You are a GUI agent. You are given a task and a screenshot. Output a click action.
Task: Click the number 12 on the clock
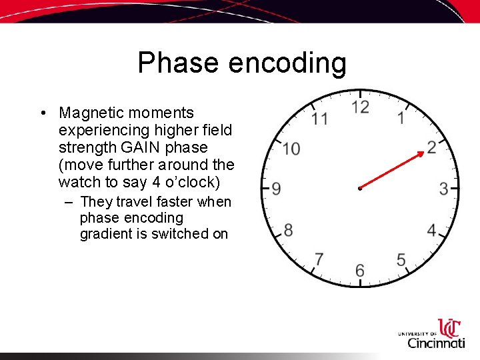click(x=360, y=107)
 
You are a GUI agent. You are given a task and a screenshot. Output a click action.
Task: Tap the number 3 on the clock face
click(x=443, y=189)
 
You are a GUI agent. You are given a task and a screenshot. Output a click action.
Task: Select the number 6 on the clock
click(x=360, y=270)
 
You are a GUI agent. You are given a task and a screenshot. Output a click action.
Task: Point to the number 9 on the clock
click(x=276, y=189)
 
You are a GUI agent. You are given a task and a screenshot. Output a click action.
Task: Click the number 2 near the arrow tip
click(x=432, y=147)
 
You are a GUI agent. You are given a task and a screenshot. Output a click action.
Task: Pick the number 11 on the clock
click(x=319, y=119)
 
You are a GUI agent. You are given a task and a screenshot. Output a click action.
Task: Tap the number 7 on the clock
click(x=319, y=259)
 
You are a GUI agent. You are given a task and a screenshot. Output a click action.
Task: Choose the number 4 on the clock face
click(x=432, y=231)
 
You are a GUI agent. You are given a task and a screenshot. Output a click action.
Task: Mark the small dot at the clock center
click(x=359, y=189)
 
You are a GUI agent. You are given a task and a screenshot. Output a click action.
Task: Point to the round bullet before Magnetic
click(x=43, y=113)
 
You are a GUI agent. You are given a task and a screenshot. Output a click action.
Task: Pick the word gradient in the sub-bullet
click(x=107, y=234)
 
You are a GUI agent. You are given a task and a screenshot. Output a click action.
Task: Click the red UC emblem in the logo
click(x=449, y=328)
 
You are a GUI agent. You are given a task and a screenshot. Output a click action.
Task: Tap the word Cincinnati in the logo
click(x=436, y=343)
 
